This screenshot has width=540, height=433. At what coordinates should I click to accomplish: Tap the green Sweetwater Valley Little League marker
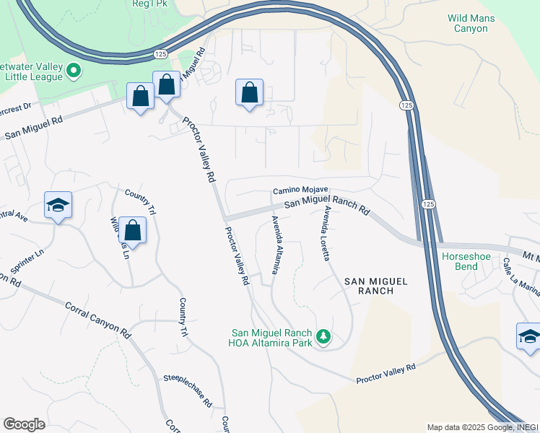tap(73, 70)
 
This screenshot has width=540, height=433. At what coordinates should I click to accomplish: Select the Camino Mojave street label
tap(296, 191)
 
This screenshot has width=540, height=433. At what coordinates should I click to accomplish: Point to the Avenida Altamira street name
tap(274, 245)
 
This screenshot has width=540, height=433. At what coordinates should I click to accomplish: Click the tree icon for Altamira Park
tap(324, 336)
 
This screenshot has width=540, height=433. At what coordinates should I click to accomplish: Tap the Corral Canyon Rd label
tap(97, 320)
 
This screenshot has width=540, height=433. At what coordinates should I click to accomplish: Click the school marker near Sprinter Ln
tap(58, 205)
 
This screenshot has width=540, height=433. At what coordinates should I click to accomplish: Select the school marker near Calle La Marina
tap(529, 336)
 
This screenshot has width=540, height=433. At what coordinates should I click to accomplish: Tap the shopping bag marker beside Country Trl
tap(132, 230)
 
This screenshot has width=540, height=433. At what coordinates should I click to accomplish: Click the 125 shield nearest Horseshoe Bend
tap(427, 204)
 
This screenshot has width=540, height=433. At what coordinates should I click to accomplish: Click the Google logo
tap(24, 424)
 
